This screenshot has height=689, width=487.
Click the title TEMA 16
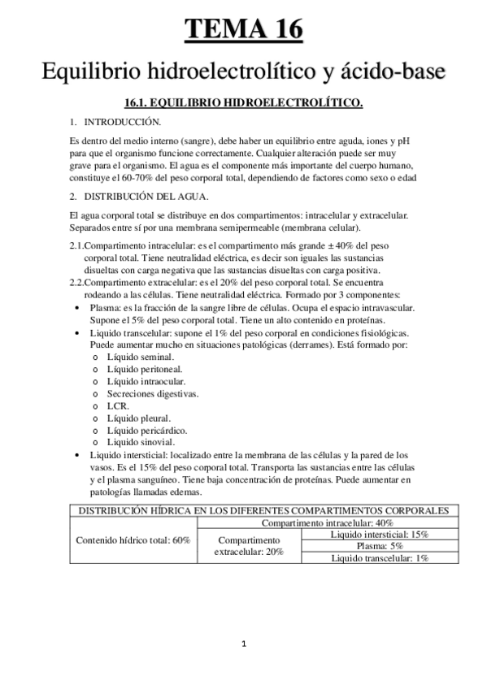tap(244, 29)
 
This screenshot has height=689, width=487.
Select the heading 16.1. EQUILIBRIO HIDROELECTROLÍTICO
tap(244, 103)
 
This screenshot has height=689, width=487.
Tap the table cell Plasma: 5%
tap(380, 546)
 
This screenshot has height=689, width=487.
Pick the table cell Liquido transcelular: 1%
tap(380, 558)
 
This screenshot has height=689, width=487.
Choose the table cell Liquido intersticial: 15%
tap(380, 535)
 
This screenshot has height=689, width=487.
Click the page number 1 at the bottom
tap(244, 644)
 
